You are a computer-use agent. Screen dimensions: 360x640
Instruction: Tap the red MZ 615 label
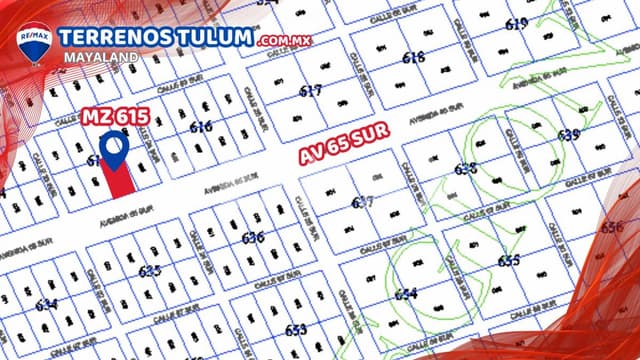click(117, 117)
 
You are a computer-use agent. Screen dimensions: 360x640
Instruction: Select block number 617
click(311, 91)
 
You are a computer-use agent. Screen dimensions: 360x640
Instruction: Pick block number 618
click(413, 58)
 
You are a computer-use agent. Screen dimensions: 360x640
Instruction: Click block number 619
click(517, 24)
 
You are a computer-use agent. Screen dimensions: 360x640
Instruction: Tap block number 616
click(201, 127)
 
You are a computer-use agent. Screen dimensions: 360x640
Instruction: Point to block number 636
click(253, 237)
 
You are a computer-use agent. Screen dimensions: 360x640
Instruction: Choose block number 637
click(363, 202)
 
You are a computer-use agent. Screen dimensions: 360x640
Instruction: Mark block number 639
click(568, 135)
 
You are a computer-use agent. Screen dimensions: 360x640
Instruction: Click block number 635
click(150, 271)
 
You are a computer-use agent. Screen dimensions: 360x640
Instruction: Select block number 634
click(46, 305)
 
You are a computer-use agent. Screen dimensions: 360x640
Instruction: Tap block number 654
click(405, 294)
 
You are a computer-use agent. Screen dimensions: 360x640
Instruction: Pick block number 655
click(508, 261)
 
